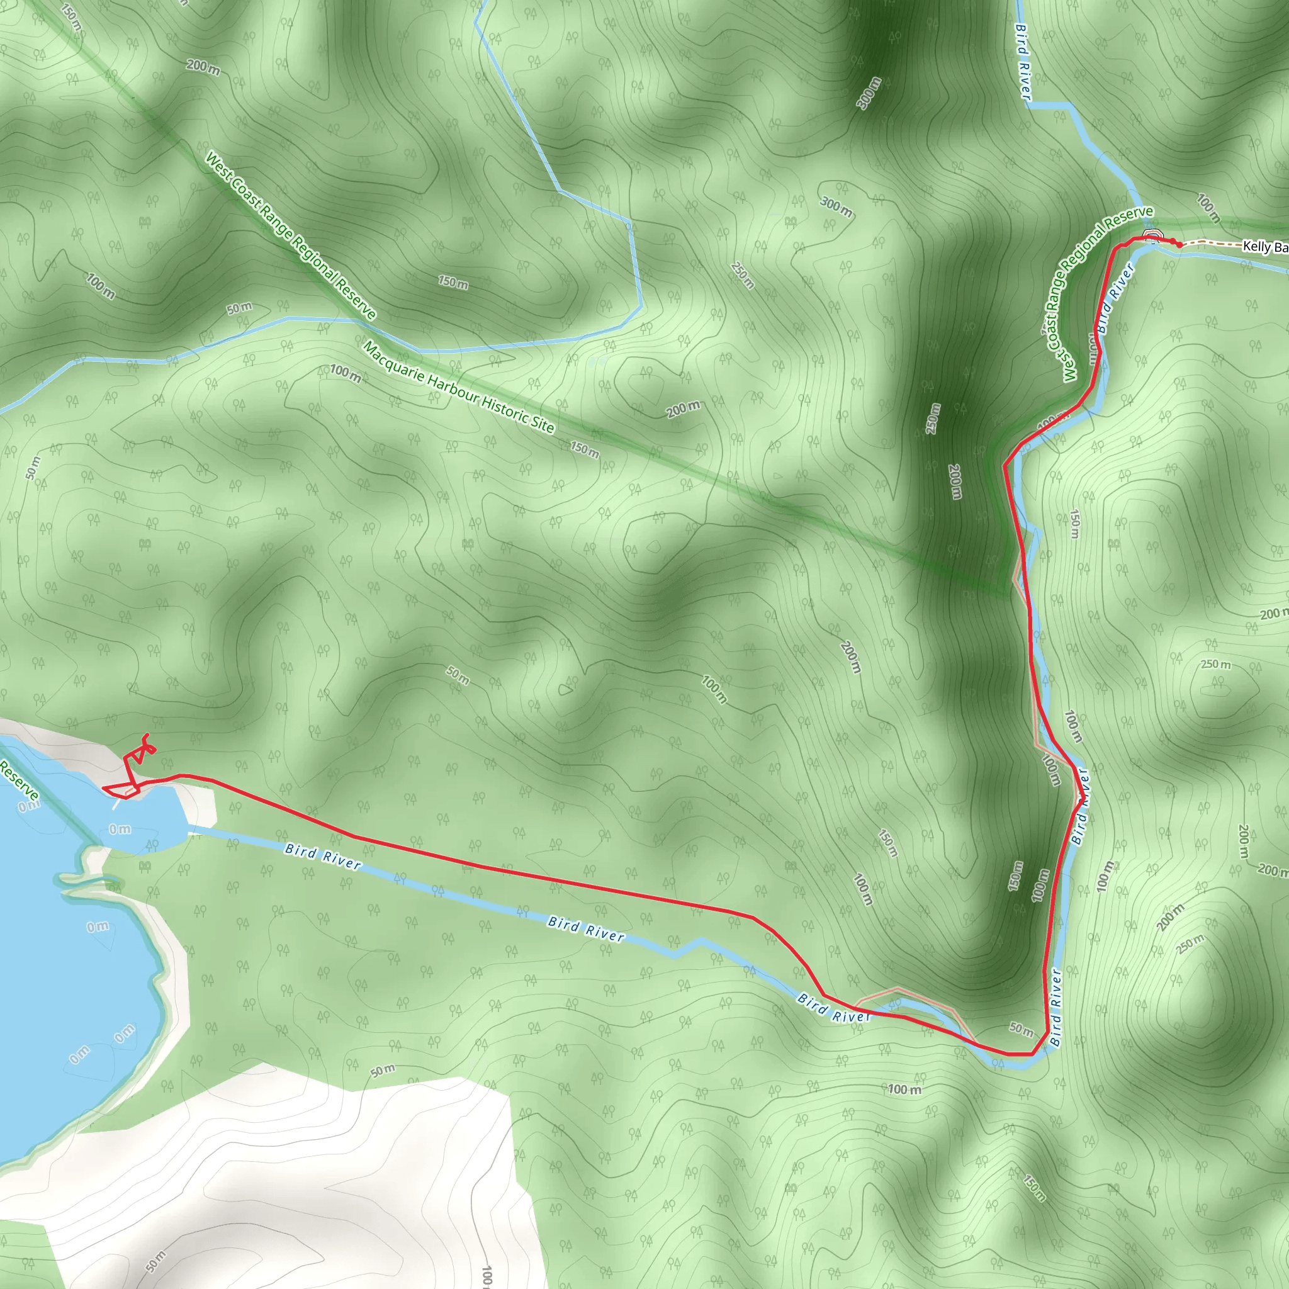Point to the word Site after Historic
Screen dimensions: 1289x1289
tap(543, 425)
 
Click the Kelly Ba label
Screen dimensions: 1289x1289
tap(1264, 247)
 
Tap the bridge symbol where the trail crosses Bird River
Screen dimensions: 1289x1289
tap(1151, 234)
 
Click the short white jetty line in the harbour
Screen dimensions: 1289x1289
tap(117, 804)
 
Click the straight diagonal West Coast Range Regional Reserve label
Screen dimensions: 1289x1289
tap(290, 235)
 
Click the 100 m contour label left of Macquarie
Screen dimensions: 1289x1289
tap(345, 374)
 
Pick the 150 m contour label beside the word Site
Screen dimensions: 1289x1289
tap(585, 449)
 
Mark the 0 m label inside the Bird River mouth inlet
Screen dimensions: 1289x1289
tap(120, 830)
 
